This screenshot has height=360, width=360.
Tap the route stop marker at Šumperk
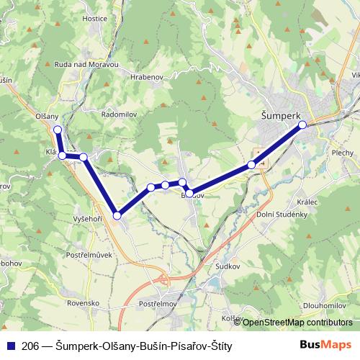[302, 125]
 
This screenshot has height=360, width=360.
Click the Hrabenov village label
[148, 75]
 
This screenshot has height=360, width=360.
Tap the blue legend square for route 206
[11, 346]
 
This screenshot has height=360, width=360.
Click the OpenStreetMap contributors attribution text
[297, 322]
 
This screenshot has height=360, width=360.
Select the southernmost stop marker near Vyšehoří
[117, 215]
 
